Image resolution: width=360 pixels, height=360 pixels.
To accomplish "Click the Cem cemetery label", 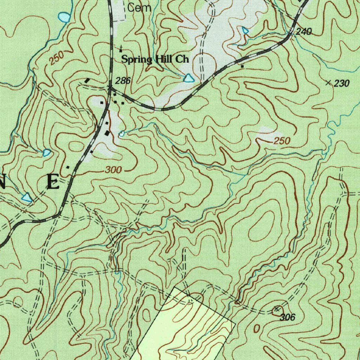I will (x=139, y=8).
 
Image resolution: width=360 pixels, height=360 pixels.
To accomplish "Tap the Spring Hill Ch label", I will (x=155, y=59).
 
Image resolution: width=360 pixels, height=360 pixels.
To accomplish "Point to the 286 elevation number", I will (x=123, y=81).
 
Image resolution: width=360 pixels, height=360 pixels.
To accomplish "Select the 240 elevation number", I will (x=304, y=32).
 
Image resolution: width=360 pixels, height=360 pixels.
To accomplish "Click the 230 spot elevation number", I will (x=342, y=83).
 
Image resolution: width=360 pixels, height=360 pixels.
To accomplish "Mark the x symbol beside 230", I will (x=329, y=83).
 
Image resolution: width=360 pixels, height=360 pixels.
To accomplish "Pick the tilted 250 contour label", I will (x=56, y=58).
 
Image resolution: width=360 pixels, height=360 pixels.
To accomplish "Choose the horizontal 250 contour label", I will (x=282, y=141).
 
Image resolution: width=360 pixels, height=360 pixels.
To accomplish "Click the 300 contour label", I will (x=114, y=171).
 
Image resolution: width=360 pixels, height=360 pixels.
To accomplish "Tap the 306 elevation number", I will (x=287, y=317).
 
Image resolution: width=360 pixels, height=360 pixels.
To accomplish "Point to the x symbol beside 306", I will (x=277, y=309).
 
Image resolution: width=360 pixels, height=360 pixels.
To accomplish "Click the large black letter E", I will (x=53, y=182).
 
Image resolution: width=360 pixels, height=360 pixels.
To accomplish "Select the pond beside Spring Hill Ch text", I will (x=189, y=78).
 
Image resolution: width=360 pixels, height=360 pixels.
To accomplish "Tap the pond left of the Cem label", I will (x=64, y=17).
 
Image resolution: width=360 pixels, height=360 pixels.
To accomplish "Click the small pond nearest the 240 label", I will (x=245, y=31).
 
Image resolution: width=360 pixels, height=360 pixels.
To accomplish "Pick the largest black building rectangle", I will (x=107, y=134).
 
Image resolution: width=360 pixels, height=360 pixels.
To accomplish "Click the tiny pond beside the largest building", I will (x=122, y=134).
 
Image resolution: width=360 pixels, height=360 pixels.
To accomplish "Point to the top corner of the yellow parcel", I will (x=175, y=287).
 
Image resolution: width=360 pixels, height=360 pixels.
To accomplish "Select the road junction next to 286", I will (x=110, y=87).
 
